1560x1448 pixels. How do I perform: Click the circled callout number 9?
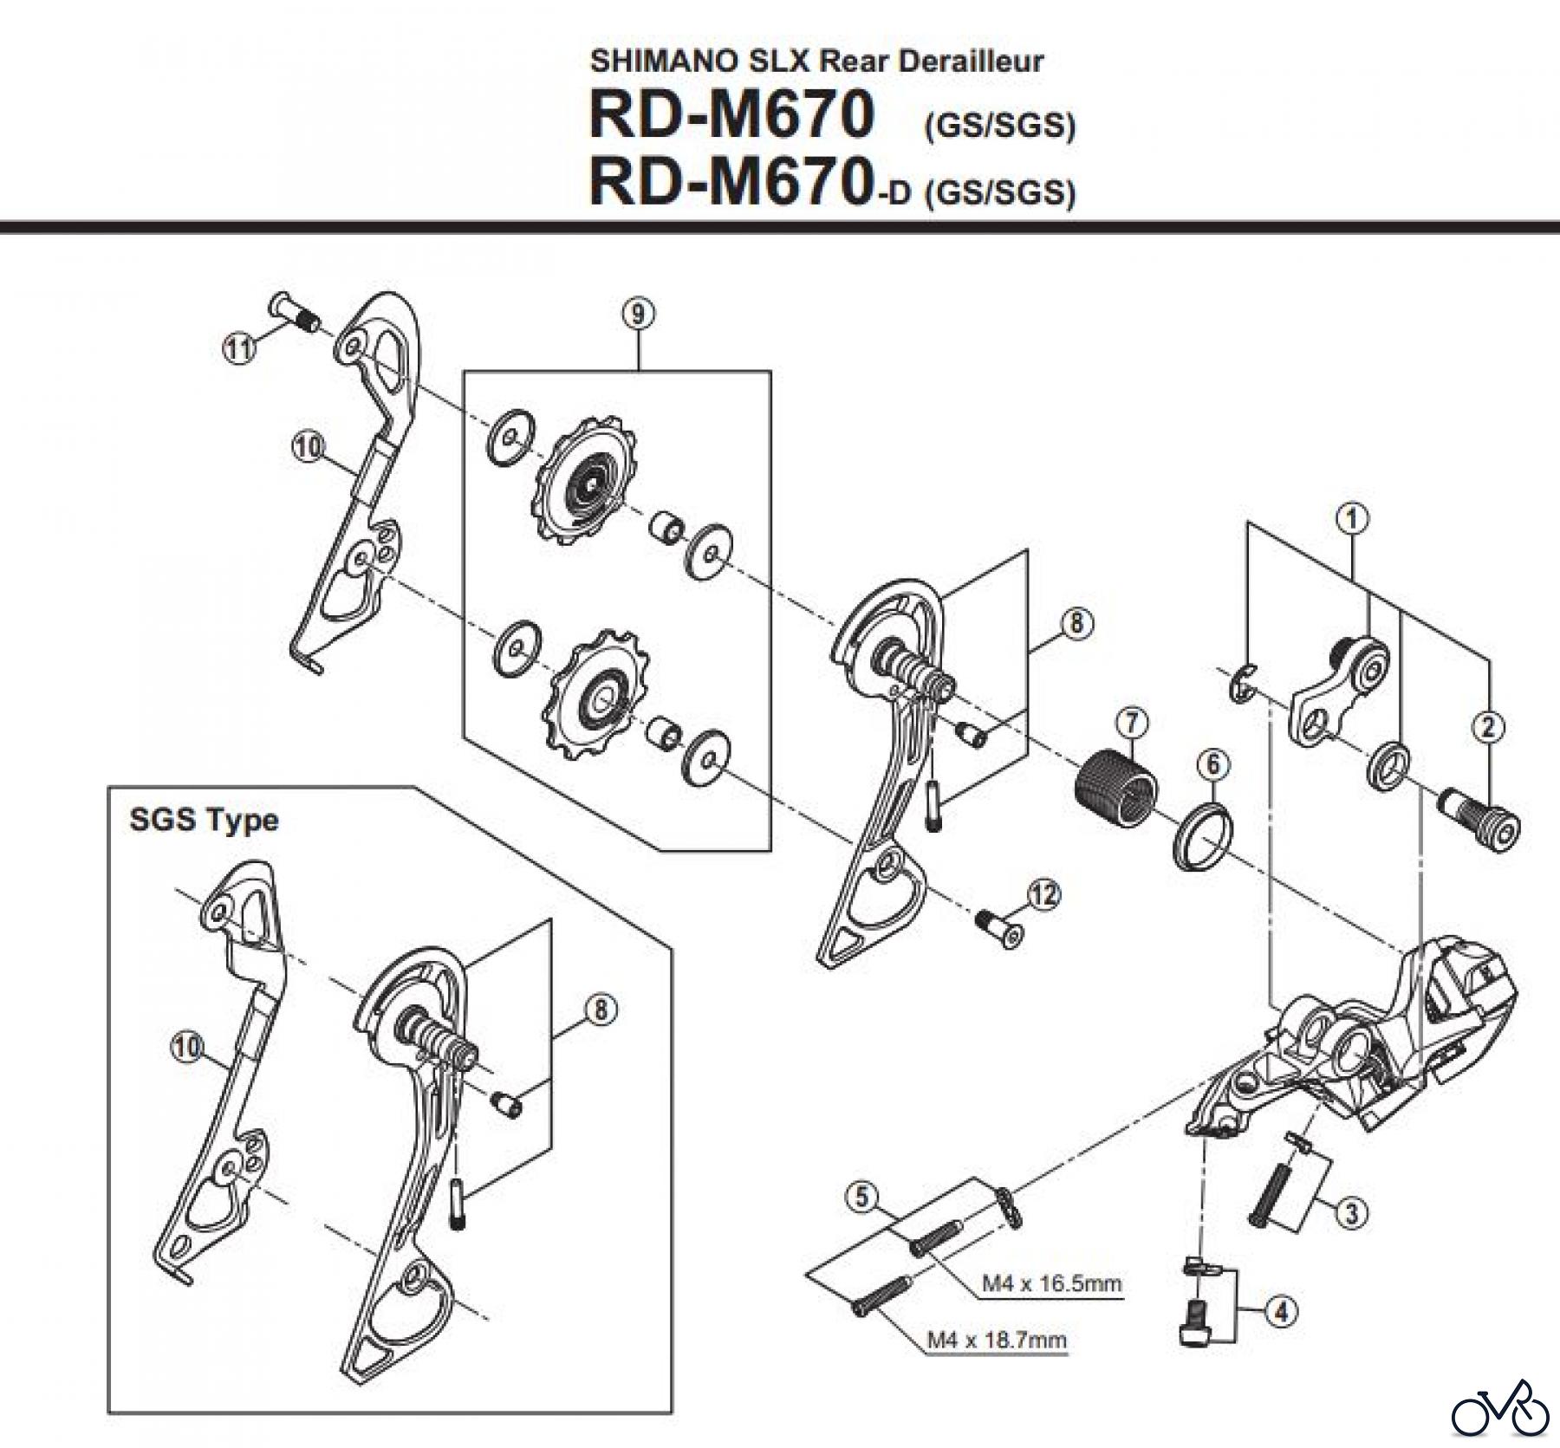(638, 315)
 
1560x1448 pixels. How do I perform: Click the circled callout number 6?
(1212, 764)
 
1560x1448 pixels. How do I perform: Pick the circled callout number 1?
(1351, 519)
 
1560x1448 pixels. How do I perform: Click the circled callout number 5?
(861, 1198)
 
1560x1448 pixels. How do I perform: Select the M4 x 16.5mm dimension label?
(1051, 1283)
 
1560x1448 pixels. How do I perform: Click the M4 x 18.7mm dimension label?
(997, 1341)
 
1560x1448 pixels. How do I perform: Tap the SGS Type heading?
(204, 820)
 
